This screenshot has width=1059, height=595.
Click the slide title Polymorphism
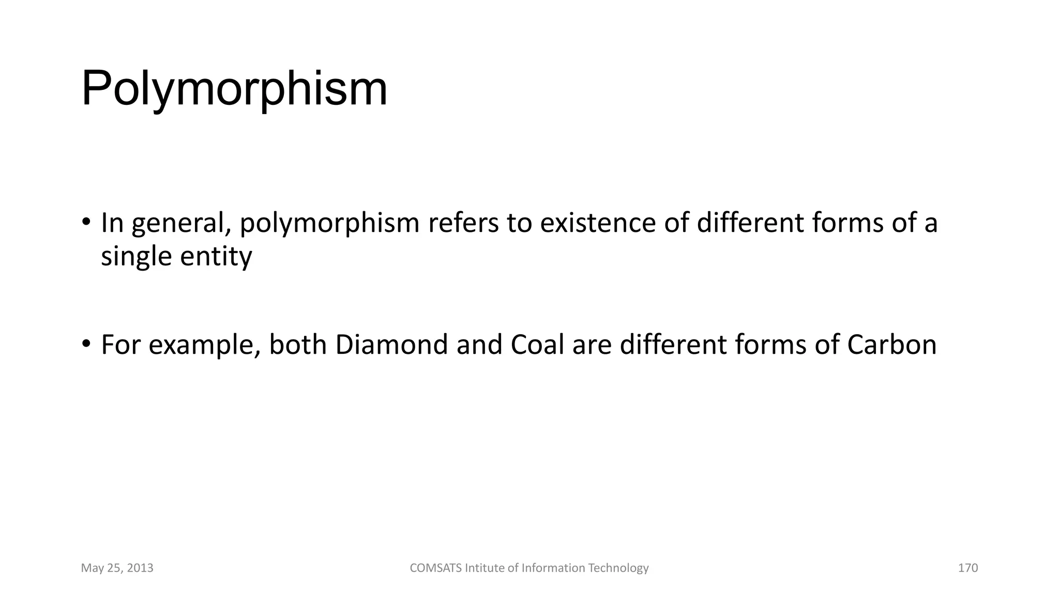(x=234, y=89)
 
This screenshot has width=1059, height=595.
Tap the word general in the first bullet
(x=181, y=224)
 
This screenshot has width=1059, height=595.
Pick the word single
(x=136, y=257)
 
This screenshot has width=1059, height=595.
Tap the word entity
(x=216, y=257)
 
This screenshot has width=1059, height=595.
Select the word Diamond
(x=391, y=345)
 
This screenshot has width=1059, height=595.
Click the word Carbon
(x=891, y=345)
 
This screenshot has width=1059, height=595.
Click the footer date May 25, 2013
(x=117, y=568)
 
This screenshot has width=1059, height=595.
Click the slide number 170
(x=968, y=568)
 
